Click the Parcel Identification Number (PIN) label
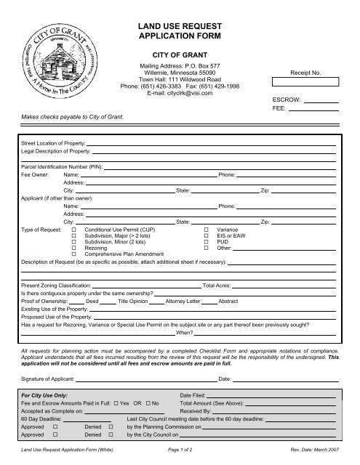pos(63,166)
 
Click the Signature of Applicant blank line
pos(151,379)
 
